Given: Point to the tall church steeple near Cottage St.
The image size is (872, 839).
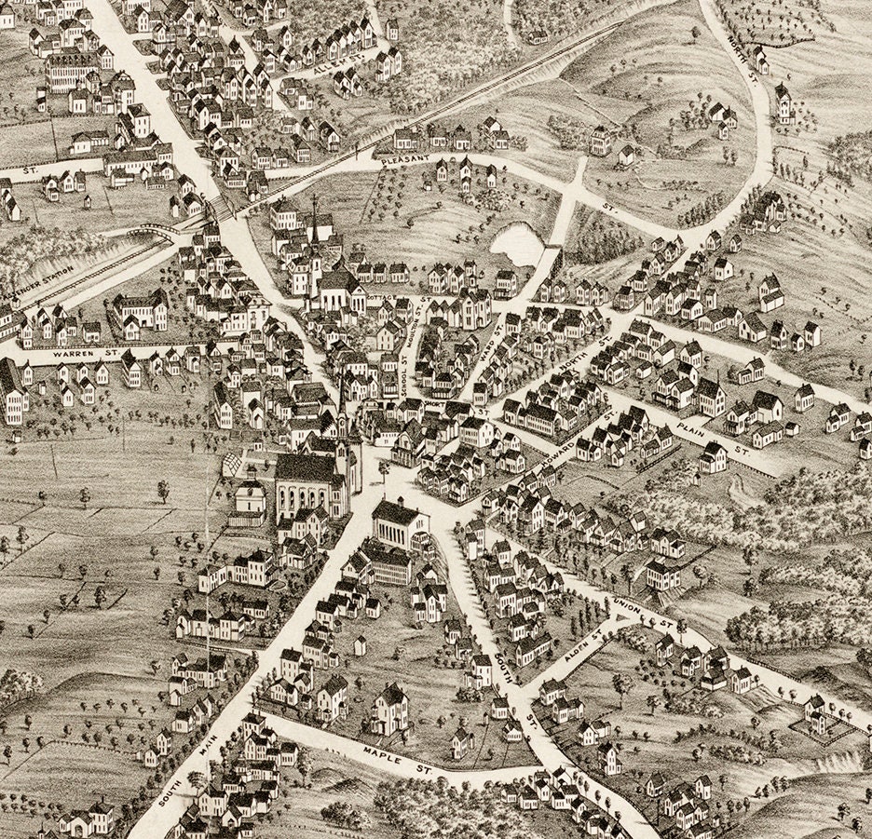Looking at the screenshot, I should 314,223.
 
